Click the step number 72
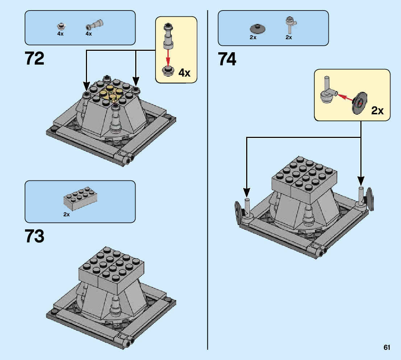35,59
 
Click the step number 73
35,236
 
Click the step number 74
227,59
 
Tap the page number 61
387,348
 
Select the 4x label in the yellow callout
184,73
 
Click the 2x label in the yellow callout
377,110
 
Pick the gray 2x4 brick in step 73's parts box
80,198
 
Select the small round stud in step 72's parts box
62,26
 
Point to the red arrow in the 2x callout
345,97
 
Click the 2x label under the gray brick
66,214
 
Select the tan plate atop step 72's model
111,93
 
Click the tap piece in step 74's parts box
290,25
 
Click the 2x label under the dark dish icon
253,37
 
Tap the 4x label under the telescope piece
89,34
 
